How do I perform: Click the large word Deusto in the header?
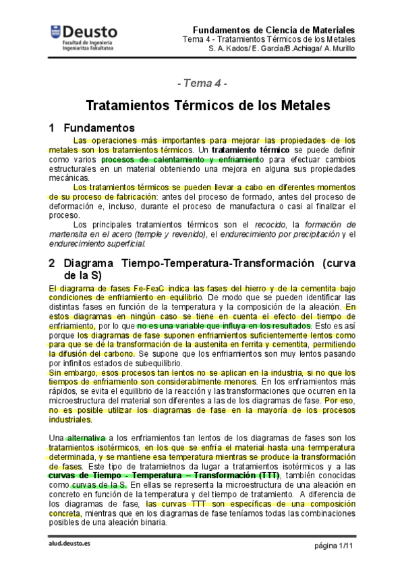pyautogui.click(x=89, y=32)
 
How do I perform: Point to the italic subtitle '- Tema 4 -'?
pyautogui.click(x=202, y=84)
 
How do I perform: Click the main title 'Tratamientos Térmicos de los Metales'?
pyautogui.click(x=208, y=106)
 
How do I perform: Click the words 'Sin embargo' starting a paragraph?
pyautogui.click(x=69, y=372)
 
